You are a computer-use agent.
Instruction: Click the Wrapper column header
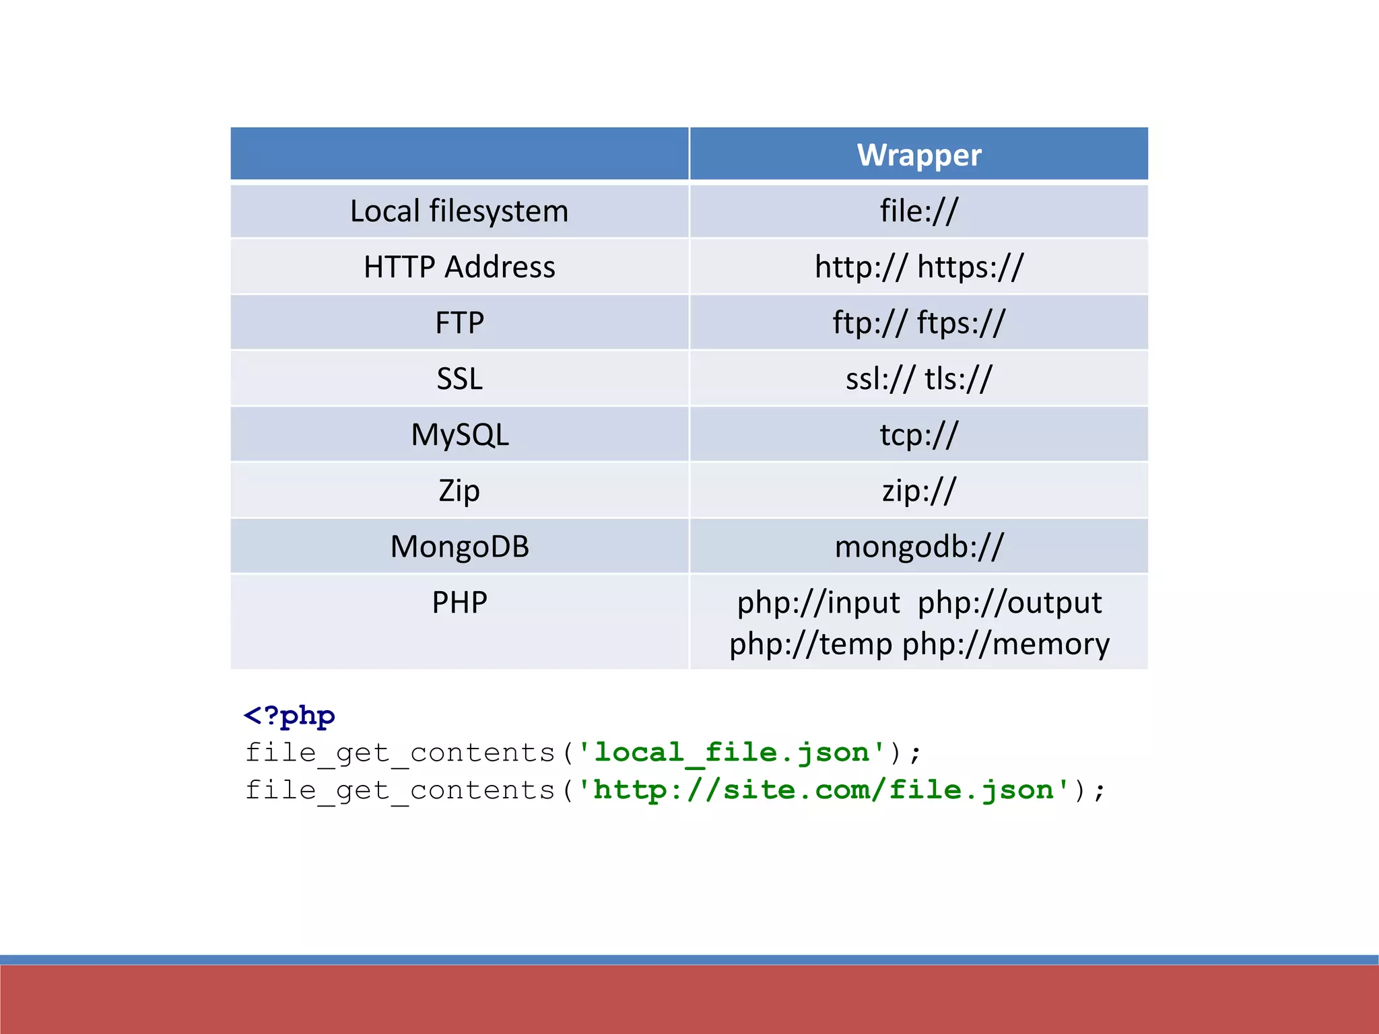click(919, 155)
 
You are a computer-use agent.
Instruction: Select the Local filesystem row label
click(459, 211)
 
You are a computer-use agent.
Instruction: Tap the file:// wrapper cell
click(918, 211)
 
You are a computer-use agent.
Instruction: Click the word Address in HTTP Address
click(500, 267)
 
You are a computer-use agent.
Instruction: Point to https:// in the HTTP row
click(970, 267)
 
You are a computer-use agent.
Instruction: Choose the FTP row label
click(459, 323)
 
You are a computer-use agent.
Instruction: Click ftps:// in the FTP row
click(961, 323)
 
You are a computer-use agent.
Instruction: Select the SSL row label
click(459, 379)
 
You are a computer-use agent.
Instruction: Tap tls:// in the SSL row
click(958, 379)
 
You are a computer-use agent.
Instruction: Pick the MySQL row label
click(459, 435)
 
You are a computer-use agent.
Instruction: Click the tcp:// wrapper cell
click(918, 435)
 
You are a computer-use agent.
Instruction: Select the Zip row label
click(459, 491)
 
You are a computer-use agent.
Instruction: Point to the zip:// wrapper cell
click(918, 491)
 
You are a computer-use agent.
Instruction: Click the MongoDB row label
click(459, 547)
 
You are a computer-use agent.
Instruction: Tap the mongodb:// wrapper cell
click(919, 547)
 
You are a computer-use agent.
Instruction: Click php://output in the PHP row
click(1010, 602)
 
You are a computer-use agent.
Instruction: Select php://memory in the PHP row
click(1006, 644)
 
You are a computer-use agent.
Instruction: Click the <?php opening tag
click(290, 716)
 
